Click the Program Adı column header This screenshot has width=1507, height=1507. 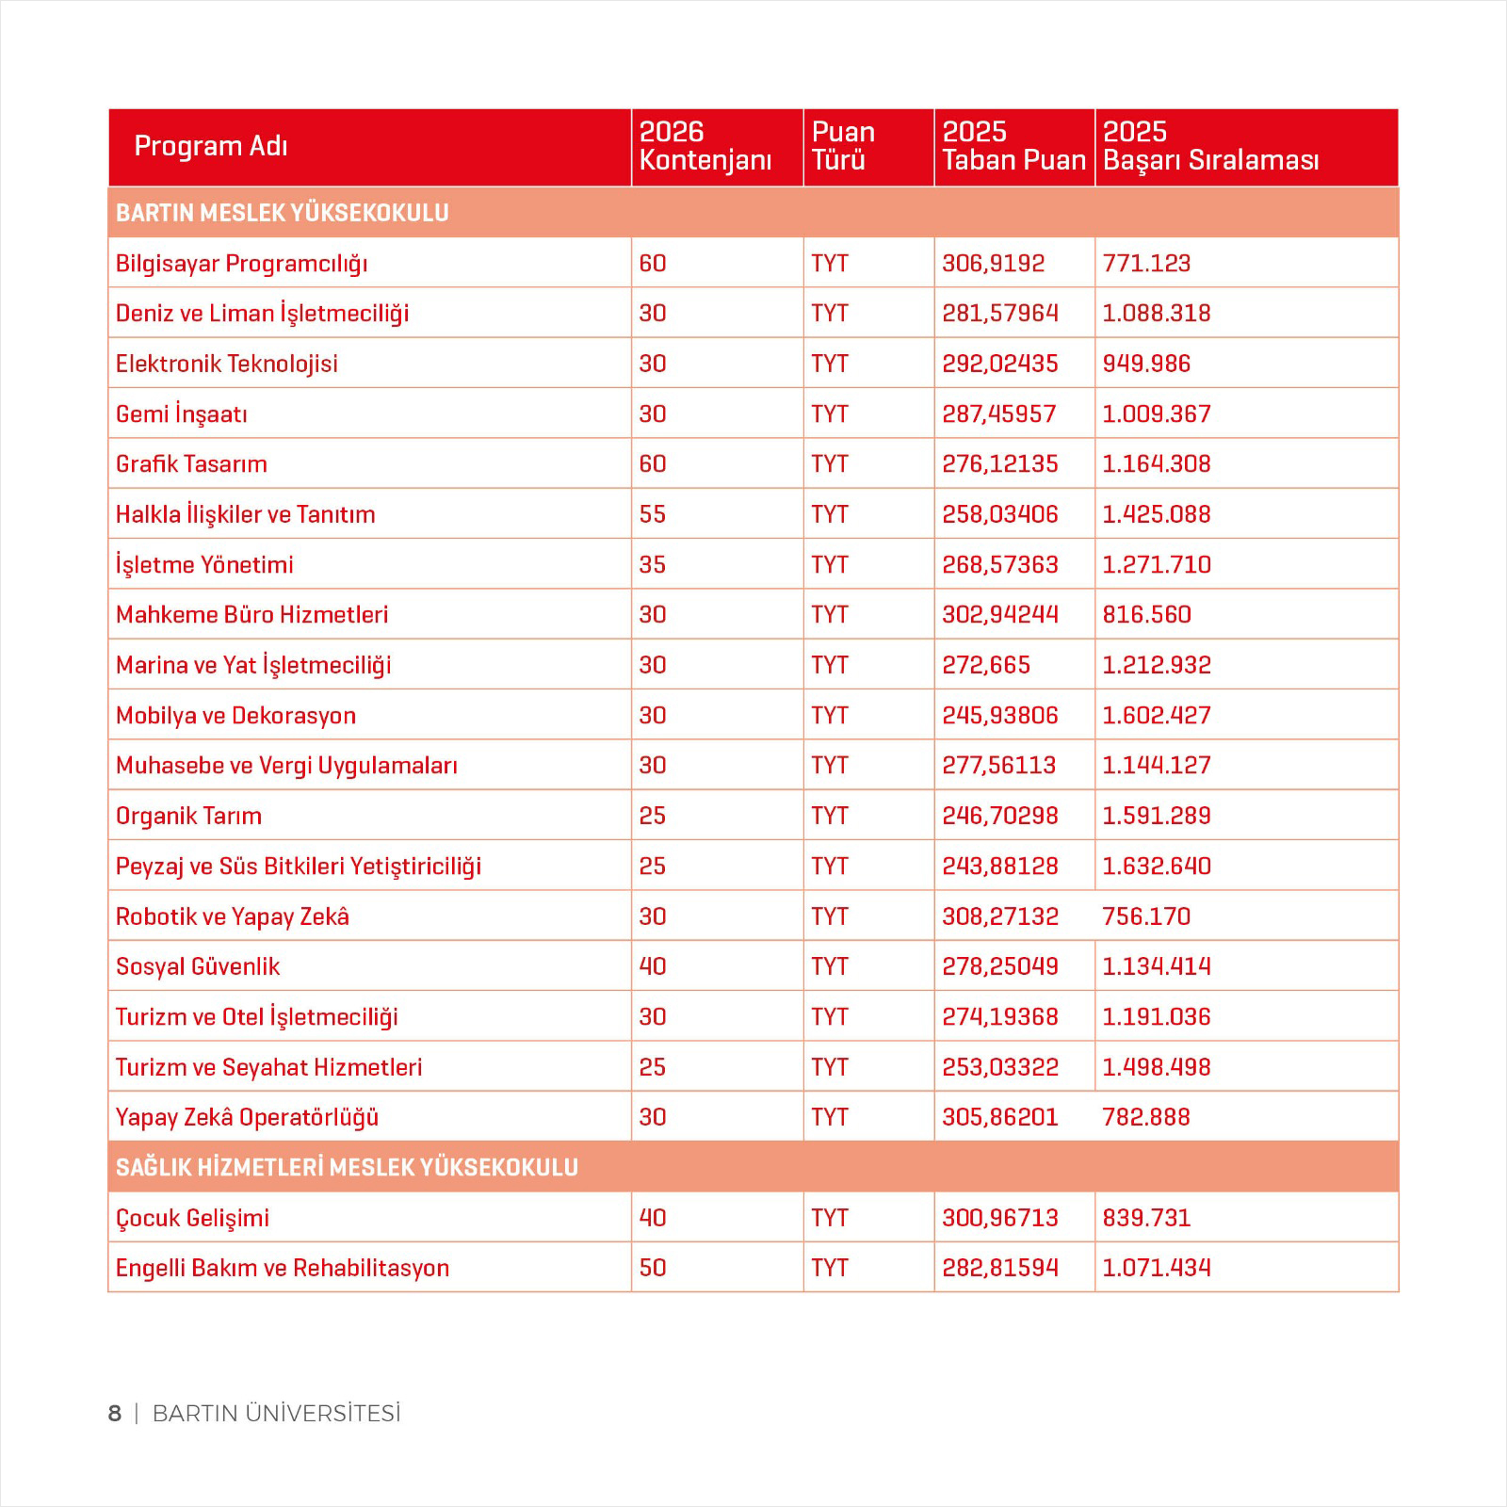211,146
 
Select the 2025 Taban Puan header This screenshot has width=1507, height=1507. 1013,146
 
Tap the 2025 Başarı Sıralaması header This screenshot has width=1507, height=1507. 1210,146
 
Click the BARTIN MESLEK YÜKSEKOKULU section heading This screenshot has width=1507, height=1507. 282,213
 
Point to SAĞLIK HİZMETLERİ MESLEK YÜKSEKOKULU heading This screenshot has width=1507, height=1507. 347,1168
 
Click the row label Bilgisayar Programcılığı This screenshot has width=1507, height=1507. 241,264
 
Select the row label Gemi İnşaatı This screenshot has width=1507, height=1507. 181,414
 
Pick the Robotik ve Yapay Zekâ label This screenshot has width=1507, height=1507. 232,916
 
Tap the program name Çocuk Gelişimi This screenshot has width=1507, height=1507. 192,1218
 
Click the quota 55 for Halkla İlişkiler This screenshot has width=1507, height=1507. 652,514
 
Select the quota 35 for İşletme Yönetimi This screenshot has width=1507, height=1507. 652,565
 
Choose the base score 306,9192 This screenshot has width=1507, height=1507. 993,264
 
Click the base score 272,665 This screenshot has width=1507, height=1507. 985,665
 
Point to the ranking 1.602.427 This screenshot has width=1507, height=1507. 1156,716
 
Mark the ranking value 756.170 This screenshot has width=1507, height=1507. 1145,916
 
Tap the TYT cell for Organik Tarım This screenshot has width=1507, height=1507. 829,816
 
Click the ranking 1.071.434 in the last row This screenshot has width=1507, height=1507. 1156,1268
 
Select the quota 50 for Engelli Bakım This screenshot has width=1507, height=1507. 652,1268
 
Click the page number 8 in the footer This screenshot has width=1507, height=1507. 115,1414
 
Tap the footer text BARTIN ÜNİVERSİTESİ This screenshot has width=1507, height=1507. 276,1414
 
